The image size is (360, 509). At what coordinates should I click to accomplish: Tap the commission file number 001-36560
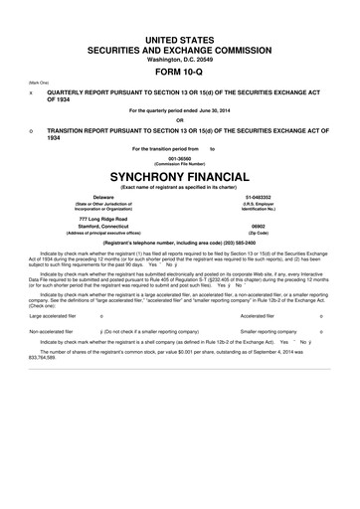click(x=179, y=157)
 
